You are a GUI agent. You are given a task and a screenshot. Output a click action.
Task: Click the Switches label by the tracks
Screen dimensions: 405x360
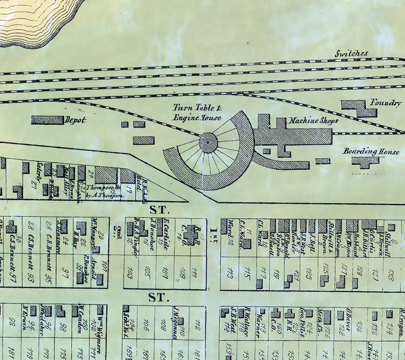pos(351,53)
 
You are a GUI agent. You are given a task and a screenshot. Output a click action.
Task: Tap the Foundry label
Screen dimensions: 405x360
pos(385,103)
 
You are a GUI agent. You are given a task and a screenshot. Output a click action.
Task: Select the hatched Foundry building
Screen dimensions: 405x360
pos(359,109)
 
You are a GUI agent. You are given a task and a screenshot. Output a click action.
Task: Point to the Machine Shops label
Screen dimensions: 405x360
pos(313,121)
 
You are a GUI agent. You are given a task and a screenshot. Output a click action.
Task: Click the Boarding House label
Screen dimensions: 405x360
pos(371,152)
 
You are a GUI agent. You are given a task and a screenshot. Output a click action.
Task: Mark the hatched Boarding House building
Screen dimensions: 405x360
pos(366,162)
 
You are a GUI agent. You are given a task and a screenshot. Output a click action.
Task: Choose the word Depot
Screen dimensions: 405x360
pos(75,120)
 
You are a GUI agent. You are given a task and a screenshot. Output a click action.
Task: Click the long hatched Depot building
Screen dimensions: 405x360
pos(47,120)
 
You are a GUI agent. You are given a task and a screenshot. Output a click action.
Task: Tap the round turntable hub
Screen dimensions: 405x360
pos(208,143)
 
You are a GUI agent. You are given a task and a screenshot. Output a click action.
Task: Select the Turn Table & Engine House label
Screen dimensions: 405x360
pos(197,113)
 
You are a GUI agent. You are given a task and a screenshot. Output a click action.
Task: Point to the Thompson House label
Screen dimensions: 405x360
pos(103,191)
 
